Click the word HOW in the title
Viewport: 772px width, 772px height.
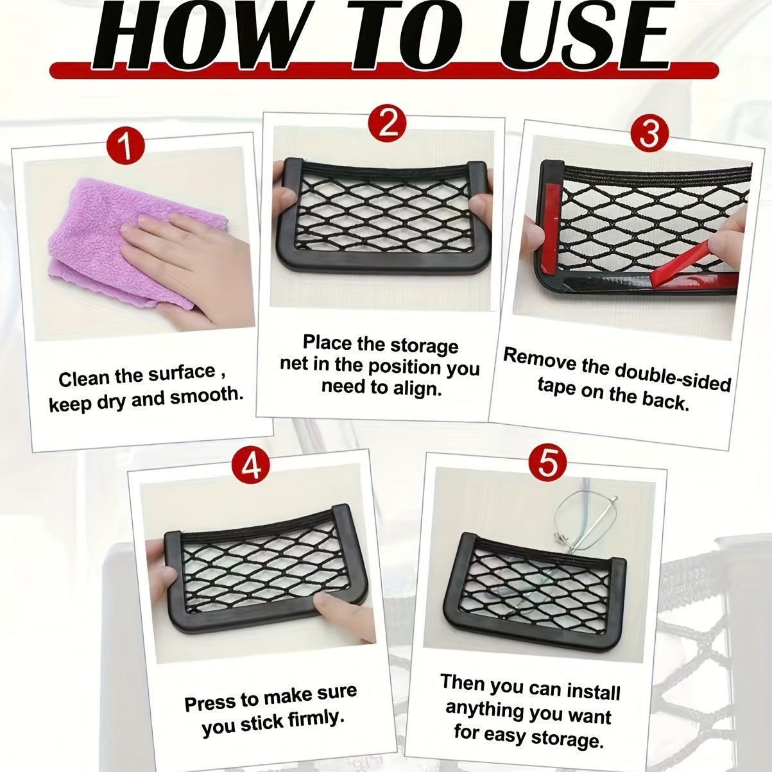(193, 38)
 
